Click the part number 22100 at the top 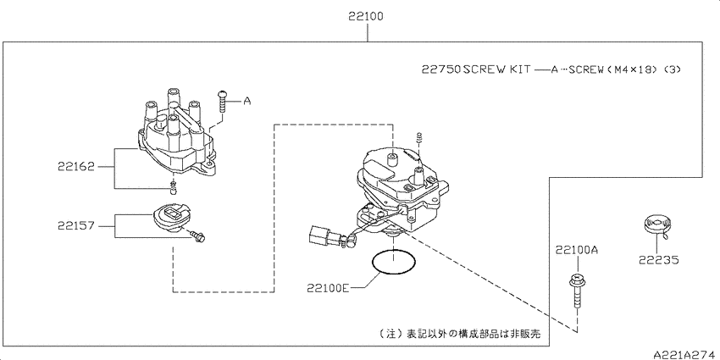click(366, 17)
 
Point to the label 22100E click(329, 288)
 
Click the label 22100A click(577, 251)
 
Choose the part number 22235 click(658, 260)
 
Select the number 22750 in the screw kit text click(441, 69)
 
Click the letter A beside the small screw click(247, 101)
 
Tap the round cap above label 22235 click(656, 224)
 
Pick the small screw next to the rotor click(198, 237)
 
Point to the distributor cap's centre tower click(173, 125)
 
